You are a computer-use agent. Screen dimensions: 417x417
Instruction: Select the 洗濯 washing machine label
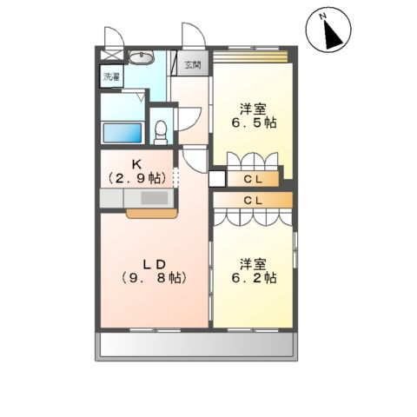point(111,76)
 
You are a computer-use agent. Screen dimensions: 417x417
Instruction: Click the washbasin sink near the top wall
point(142,58)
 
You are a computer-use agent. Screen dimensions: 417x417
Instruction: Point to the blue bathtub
point(122,132)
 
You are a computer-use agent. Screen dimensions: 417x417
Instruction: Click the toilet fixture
point(159,130)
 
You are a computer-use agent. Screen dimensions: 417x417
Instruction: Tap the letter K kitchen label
point(138,162)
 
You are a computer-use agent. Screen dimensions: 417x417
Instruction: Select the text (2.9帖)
point(138,176)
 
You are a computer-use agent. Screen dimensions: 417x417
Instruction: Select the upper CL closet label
point(255,180)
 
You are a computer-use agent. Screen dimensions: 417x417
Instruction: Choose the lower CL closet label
point(255,201)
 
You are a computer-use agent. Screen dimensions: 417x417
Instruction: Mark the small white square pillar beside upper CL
point(216,179)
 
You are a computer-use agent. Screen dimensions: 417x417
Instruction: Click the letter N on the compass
point(322,16)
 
